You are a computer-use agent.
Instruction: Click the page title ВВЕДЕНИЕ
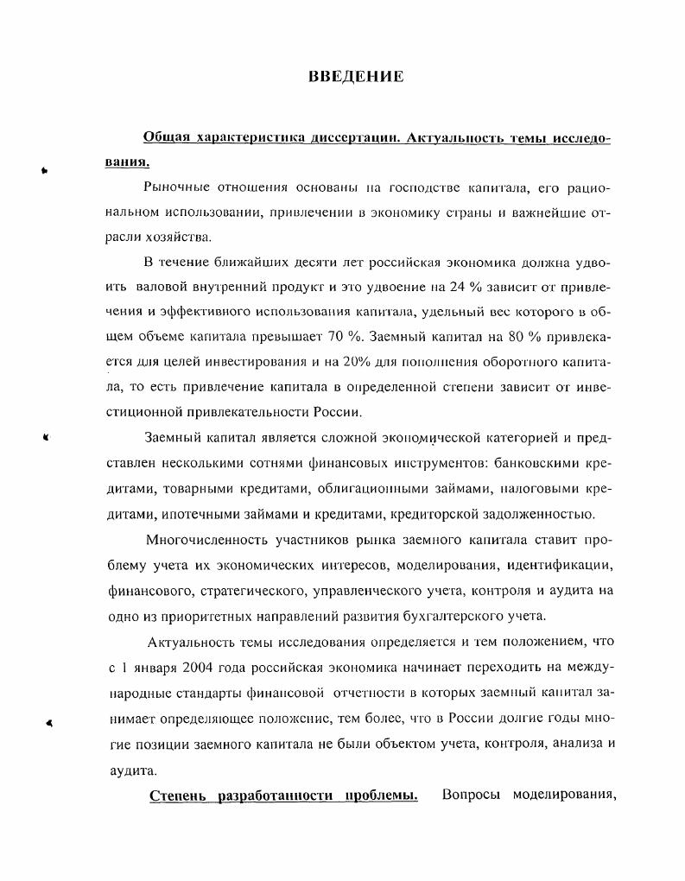(x=356, y=77)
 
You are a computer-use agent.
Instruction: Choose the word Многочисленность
(x=203, y=542)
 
